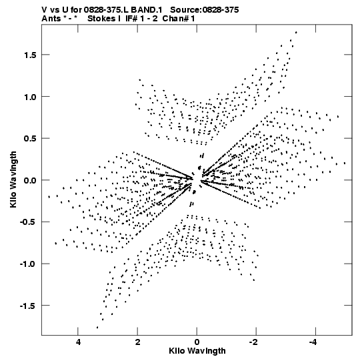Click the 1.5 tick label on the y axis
(30, 55)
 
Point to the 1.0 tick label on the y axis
(30, 97)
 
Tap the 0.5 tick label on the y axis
(30, 139)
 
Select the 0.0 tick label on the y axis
(30, 180)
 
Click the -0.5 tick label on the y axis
(28, 222)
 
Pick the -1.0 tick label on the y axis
(28, 264)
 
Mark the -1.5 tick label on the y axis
(28, 306)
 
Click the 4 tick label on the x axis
(78, 342)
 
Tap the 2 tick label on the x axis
(137, 342)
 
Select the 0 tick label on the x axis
(197, 342)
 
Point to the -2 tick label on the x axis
(254, 342)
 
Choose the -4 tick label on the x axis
(313, 342)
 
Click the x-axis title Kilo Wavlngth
(197, 351)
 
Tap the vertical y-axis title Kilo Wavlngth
(13, 179)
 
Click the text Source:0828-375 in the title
(204, 10)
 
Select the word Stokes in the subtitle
(101, 19)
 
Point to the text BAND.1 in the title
(147, 10)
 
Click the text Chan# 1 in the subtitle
(179, 19)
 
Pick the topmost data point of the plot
(296, 33)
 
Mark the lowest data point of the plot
(97, 327)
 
